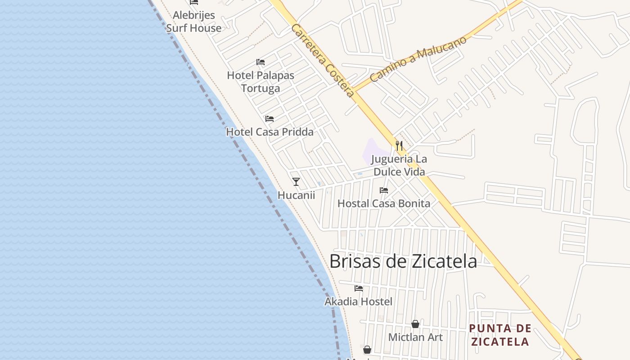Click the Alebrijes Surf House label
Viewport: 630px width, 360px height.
pyautogui.click(x=193, y=22)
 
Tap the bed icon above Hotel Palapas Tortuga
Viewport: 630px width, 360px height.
pyautogui.click(x=261, y=62)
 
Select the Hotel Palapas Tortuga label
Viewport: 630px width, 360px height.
pyautogui.click(x=261, y=81)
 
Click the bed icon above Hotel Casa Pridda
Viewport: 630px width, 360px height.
pyautogui.click(x=270, y=119)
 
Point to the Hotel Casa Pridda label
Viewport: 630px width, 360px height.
pyautogui.click(x=270, y=132)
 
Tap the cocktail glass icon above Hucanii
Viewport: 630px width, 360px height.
pyautogui.click(x=296, y=182)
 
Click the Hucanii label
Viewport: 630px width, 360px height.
pyautogui.click(x=296, y=195)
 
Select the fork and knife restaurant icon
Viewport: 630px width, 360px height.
pyautogui.click(x=399, y=145)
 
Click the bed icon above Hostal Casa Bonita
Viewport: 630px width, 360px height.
pyautogui.click(x=384, y=190)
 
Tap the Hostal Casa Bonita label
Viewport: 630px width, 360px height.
pyautogui.click(x=384, y=203)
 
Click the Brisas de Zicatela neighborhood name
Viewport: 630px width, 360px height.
pyautogui.click(x=403, y=261)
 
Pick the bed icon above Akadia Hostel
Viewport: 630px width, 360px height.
pyautogui.click(x=359, y=288)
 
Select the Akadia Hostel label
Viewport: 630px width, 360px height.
pyautogui.click(x=359, y=301)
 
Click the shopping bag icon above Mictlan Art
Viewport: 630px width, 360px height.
pyautogui.click(x=415, y=324)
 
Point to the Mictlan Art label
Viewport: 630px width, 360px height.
pyautogui.click(x=415, y=337)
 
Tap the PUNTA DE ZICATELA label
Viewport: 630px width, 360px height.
pyautogui.click(x=500, y=335)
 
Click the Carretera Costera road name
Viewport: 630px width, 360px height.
pyautogui.click(x=323, y=61)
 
